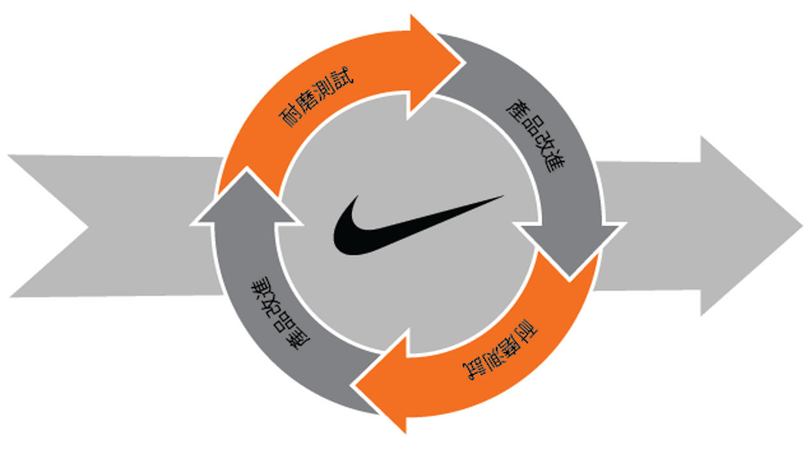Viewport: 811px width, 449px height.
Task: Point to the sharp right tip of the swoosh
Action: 504,196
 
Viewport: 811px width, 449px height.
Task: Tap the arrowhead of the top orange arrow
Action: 434,65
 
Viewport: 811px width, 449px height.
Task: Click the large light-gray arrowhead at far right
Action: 749,226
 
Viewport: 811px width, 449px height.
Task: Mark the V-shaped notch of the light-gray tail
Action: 87,228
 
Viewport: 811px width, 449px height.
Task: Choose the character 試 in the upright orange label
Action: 342,78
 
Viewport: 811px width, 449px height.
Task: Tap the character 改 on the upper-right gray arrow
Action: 543,144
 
